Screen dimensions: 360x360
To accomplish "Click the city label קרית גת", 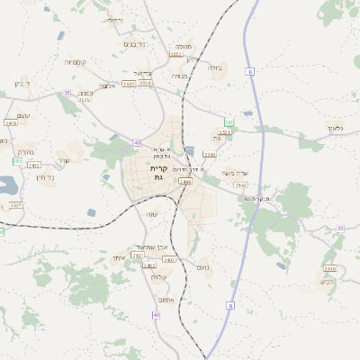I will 158,173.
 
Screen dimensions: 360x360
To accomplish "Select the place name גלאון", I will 336,129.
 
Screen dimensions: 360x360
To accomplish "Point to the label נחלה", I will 215,67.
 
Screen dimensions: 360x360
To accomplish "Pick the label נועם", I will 202,267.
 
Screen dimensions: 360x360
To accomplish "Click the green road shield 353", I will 18,161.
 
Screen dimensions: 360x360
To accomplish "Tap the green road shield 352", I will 229,121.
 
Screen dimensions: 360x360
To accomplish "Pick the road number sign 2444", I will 184,182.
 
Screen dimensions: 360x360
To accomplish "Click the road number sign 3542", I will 240,184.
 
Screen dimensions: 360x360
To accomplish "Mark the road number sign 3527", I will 16,205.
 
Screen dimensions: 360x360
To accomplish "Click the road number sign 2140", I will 209,155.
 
